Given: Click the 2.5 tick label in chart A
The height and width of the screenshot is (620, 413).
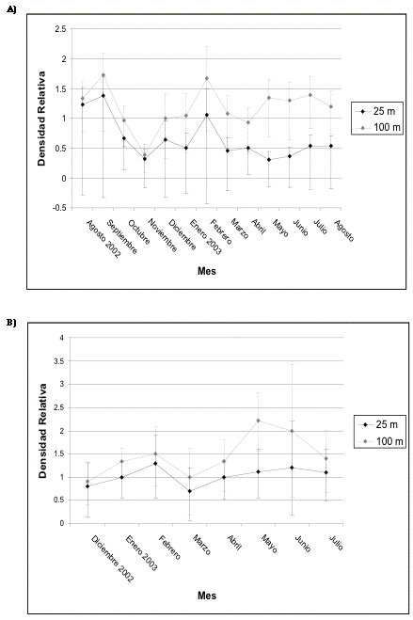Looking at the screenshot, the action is (x=61, y=29).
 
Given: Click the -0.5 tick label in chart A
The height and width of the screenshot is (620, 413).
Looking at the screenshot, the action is (x=60, y=208).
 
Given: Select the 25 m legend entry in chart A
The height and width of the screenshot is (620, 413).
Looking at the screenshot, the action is (x=377, y=112).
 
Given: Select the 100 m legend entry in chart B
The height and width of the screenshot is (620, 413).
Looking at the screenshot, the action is (x=380, y=441).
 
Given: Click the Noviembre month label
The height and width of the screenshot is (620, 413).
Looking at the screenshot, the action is (x=163, y=235).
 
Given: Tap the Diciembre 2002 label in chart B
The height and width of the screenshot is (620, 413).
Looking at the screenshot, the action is (x=113, y=559).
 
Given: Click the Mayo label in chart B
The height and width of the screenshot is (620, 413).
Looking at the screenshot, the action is (x=269, y=544).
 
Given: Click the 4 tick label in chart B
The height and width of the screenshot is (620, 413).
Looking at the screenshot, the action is (x=62, y=338).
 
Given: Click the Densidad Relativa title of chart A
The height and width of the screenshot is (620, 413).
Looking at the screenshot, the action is (x=41, y=119).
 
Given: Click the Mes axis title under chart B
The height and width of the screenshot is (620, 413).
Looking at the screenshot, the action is (x=207, y=596).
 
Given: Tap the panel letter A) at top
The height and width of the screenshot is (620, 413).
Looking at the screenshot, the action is (x=11, y=10).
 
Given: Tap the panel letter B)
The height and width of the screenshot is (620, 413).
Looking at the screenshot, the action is (x=11, y=323).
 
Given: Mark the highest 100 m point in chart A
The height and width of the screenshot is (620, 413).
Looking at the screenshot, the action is (x=103, y=74).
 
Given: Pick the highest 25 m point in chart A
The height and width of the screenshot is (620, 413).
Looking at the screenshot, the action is (x=103, y=96).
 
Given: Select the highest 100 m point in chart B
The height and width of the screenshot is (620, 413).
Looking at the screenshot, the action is (x=258, y=421).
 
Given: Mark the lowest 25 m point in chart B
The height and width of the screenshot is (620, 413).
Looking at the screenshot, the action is (x=190, y=491).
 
